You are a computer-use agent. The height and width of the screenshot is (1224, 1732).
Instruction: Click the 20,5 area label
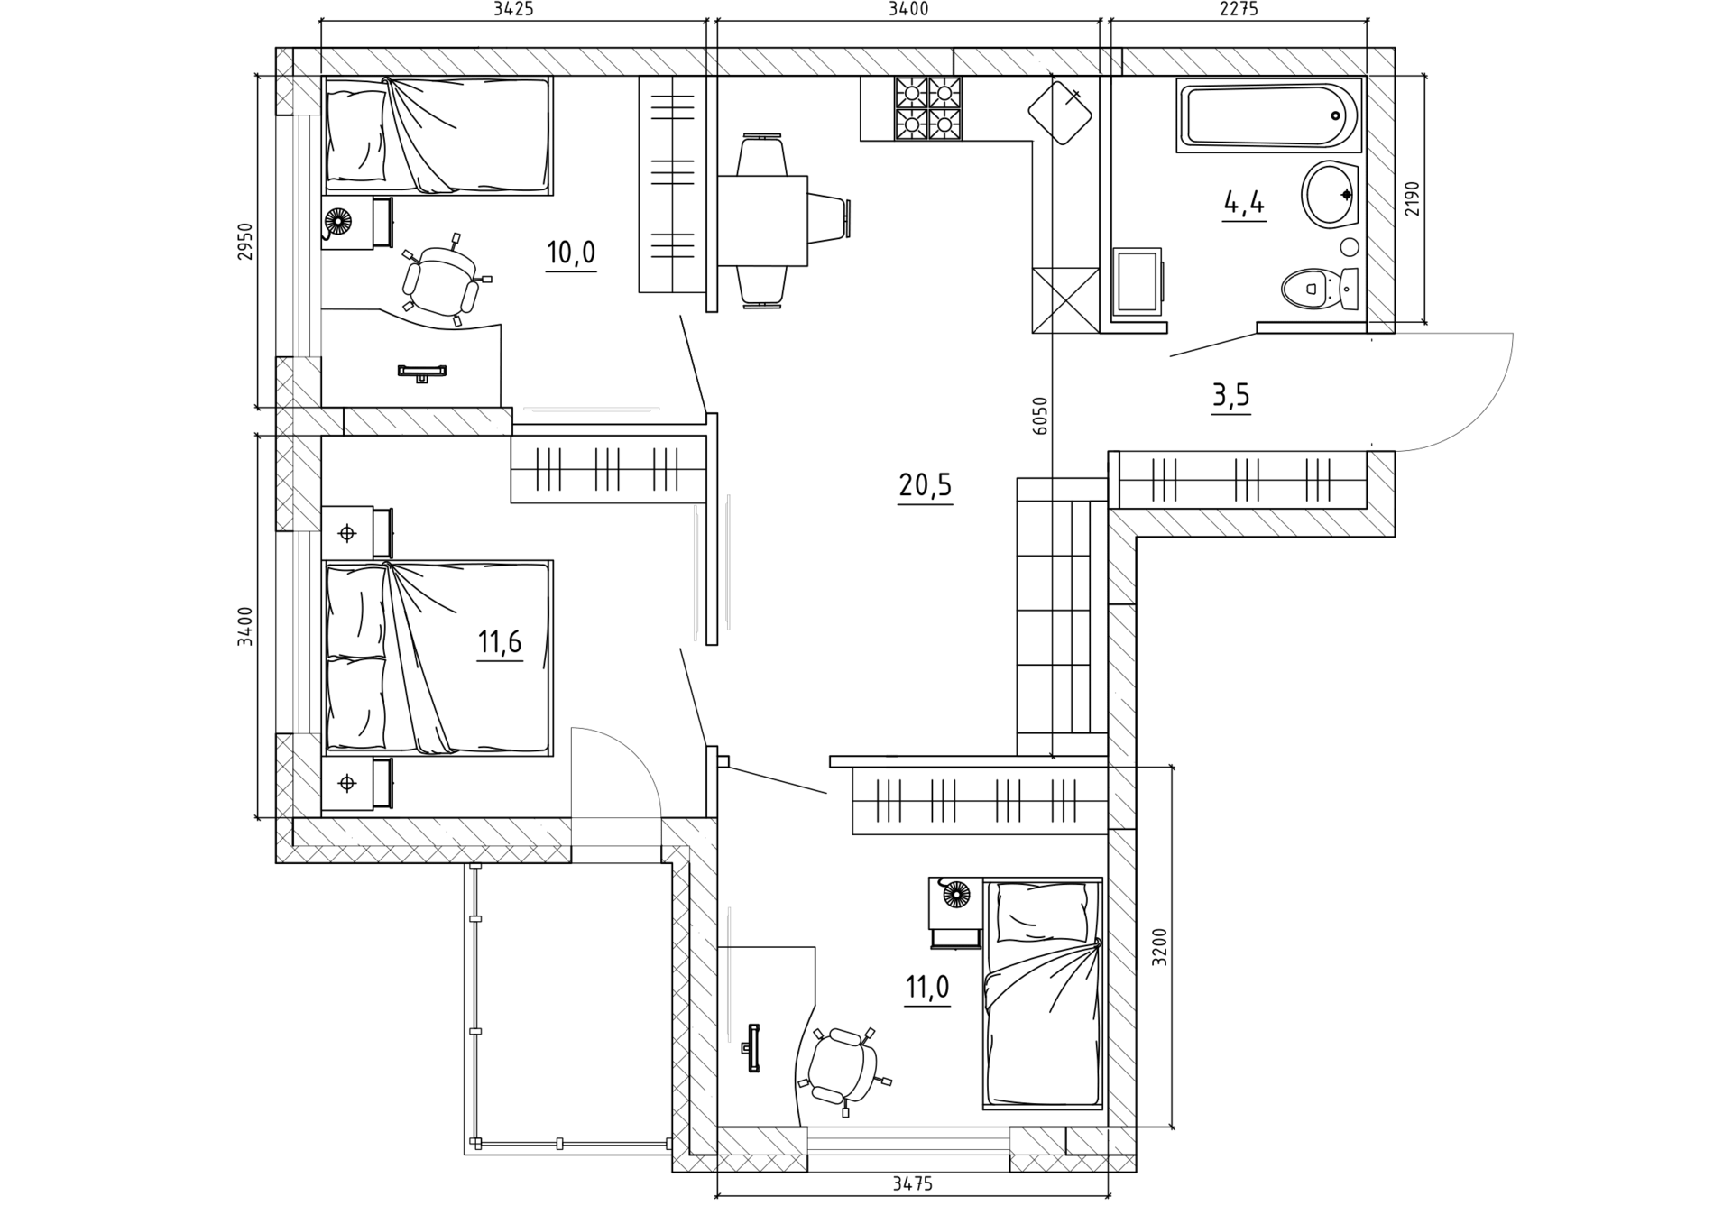(926, 485)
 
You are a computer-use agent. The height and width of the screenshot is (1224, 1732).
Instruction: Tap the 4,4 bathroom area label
(1244, 204)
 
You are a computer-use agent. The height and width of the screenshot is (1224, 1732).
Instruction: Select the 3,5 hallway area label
(1231, 395)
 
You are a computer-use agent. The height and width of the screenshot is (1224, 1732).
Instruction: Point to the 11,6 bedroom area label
(500, 642)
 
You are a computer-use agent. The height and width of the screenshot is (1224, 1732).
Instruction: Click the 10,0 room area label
(571, 253)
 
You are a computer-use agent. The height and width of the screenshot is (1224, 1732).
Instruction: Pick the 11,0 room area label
(927, 988)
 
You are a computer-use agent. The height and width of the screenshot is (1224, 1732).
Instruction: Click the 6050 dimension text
(1041, 417)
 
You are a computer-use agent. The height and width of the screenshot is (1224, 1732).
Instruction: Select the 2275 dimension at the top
(1239, 10)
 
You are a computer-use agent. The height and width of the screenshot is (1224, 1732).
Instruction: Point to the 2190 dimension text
(1412, 198)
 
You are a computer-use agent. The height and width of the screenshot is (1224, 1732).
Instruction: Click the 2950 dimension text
(245, 242)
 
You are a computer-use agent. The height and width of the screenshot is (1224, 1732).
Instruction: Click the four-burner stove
(927, 108)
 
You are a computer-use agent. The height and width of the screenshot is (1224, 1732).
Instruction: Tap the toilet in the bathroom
(1321, 289)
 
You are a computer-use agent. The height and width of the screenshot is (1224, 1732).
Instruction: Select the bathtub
(1269, 115)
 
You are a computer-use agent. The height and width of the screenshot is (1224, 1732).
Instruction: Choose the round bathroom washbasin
(1330, 193)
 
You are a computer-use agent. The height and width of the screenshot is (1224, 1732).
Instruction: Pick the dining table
(762, 221)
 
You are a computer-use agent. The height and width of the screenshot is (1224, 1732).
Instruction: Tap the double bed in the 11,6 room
(438, 658)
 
